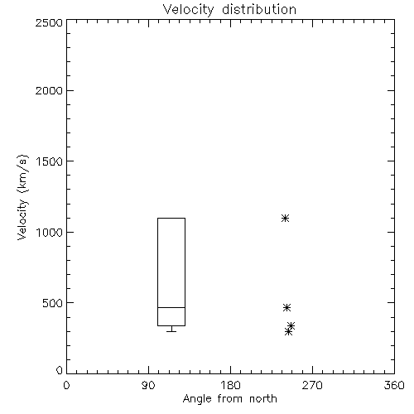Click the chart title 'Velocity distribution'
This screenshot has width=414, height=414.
229,10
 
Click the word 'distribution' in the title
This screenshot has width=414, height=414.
259,9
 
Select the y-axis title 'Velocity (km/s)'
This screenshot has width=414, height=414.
22,197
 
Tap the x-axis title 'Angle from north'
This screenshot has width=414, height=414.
229,399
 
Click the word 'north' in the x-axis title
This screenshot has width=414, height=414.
263,399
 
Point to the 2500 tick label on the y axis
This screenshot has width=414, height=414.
49,22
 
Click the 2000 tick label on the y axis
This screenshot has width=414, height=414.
49,90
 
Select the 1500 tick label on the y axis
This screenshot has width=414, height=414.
50,161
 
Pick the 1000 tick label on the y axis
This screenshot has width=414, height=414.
50,232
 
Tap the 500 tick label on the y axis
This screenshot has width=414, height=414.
53,303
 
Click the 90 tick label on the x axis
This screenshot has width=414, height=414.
148,385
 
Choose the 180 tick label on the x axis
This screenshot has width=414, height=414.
230,385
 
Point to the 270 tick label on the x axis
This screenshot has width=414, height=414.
312,385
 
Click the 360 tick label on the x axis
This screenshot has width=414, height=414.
394,385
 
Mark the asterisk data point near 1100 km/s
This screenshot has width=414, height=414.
285,219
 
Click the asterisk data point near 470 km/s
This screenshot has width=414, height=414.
286,307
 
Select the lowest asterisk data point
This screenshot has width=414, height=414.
288,331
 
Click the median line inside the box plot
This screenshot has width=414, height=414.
171,307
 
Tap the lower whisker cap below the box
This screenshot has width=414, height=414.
171,331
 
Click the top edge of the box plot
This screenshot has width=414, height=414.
171,219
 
